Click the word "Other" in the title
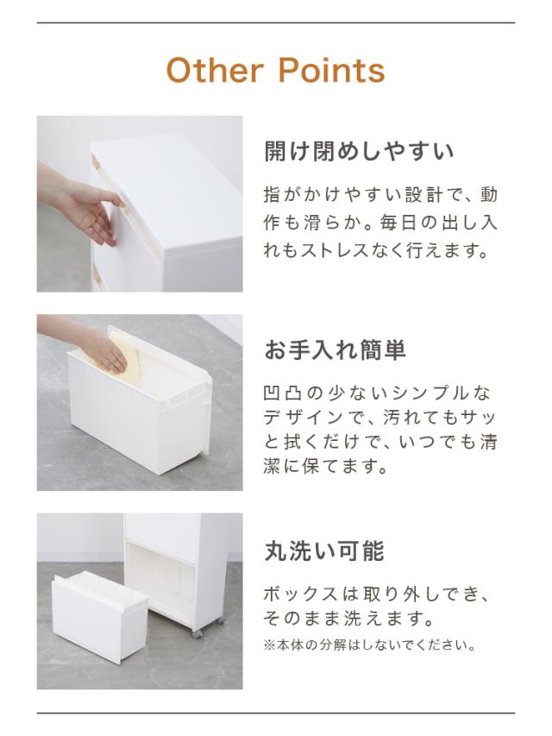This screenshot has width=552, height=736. click(x=215, y=71)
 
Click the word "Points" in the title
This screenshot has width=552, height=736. click(x=332, y=71)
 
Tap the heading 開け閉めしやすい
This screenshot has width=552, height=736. click(x=359, y=151)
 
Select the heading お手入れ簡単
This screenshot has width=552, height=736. click(x=336, y=349)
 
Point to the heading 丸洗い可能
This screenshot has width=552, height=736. click(x=324, y=550)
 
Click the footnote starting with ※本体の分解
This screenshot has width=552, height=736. click(x=371, y=645)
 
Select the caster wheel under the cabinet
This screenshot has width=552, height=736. click(x=198, y=633)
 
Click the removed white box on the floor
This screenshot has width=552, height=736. click(x=99, y=617)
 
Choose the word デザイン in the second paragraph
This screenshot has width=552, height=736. click(x=304, y=418)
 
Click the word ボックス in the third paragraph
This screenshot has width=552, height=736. click(x=300, y=594)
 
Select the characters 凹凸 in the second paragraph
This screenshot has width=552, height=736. click(x=283, y=393)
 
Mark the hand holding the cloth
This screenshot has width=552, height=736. click(x=104, y=351)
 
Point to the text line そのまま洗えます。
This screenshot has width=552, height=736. click(x=349, y=619)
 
